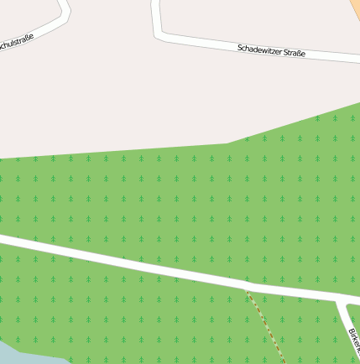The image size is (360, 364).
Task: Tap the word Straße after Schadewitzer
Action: pos(294,53)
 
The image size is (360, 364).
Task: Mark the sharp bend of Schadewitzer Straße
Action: pos(159,34)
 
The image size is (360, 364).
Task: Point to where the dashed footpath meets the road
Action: pos(246,289)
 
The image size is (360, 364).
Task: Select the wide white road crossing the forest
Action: pos(126,262)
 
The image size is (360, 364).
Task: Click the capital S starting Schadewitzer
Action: pos(240,47)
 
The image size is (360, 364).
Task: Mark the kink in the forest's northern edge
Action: pos(227,143)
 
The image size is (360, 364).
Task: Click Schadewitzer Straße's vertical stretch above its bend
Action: pos(155,13)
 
